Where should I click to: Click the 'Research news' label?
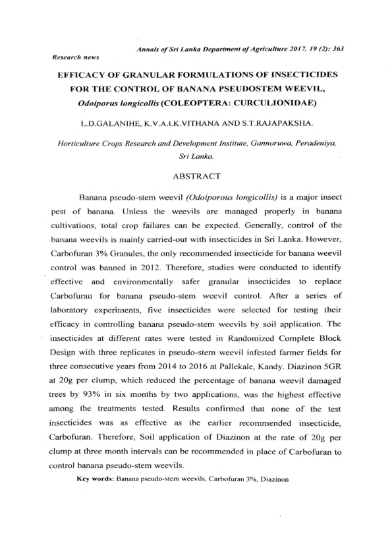click(x=74, y=57)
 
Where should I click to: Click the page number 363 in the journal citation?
click(x=340, y=49)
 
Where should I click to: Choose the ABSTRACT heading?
click(x=196, y=177)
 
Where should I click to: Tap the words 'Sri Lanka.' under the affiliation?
click(x=196, y=157)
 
